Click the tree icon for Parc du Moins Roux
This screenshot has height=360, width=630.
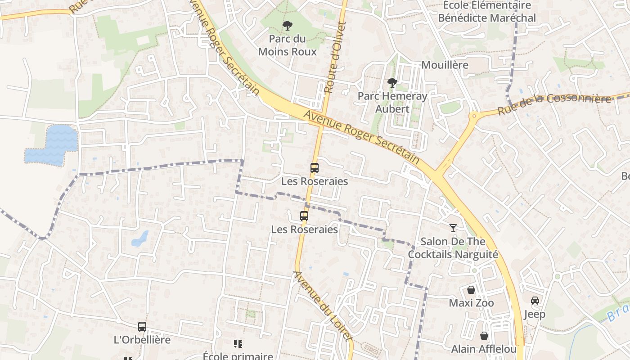tap(287, 26)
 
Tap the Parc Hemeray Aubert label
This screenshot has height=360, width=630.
tap(392, 102)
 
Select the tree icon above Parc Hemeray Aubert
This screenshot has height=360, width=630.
tap(392, 83)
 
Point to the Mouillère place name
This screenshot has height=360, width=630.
tap(445, 65)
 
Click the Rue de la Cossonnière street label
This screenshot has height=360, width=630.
tap(554, 103)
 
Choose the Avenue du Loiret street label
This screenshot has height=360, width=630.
tap(322, 306)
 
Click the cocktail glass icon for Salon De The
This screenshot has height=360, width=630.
tap(453, 228)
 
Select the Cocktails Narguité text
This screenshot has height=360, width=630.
tap(453, 255)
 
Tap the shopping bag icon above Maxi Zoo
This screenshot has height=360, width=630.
tap(471, 290)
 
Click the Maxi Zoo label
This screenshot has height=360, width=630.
tap(471, 303)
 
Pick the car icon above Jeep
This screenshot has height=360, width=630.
tap(535, 301)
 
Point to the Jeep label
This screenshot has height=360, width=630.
tap(535, 314)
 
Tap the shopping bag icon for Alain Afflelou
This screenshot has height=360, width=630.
tap(484, 336)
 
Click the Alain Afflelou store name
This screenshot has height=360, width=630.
tap(484, 349)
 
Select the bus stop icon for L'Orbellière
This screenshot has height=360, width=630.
tap(142, 327)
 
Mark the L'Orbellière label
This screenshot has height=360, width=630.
tap(142, 340)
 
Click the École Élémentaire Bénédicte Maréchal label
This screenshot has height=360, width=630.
tap(487, 12)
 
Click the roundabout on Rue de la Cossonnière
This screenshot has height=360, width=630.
tap(473, 116)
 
